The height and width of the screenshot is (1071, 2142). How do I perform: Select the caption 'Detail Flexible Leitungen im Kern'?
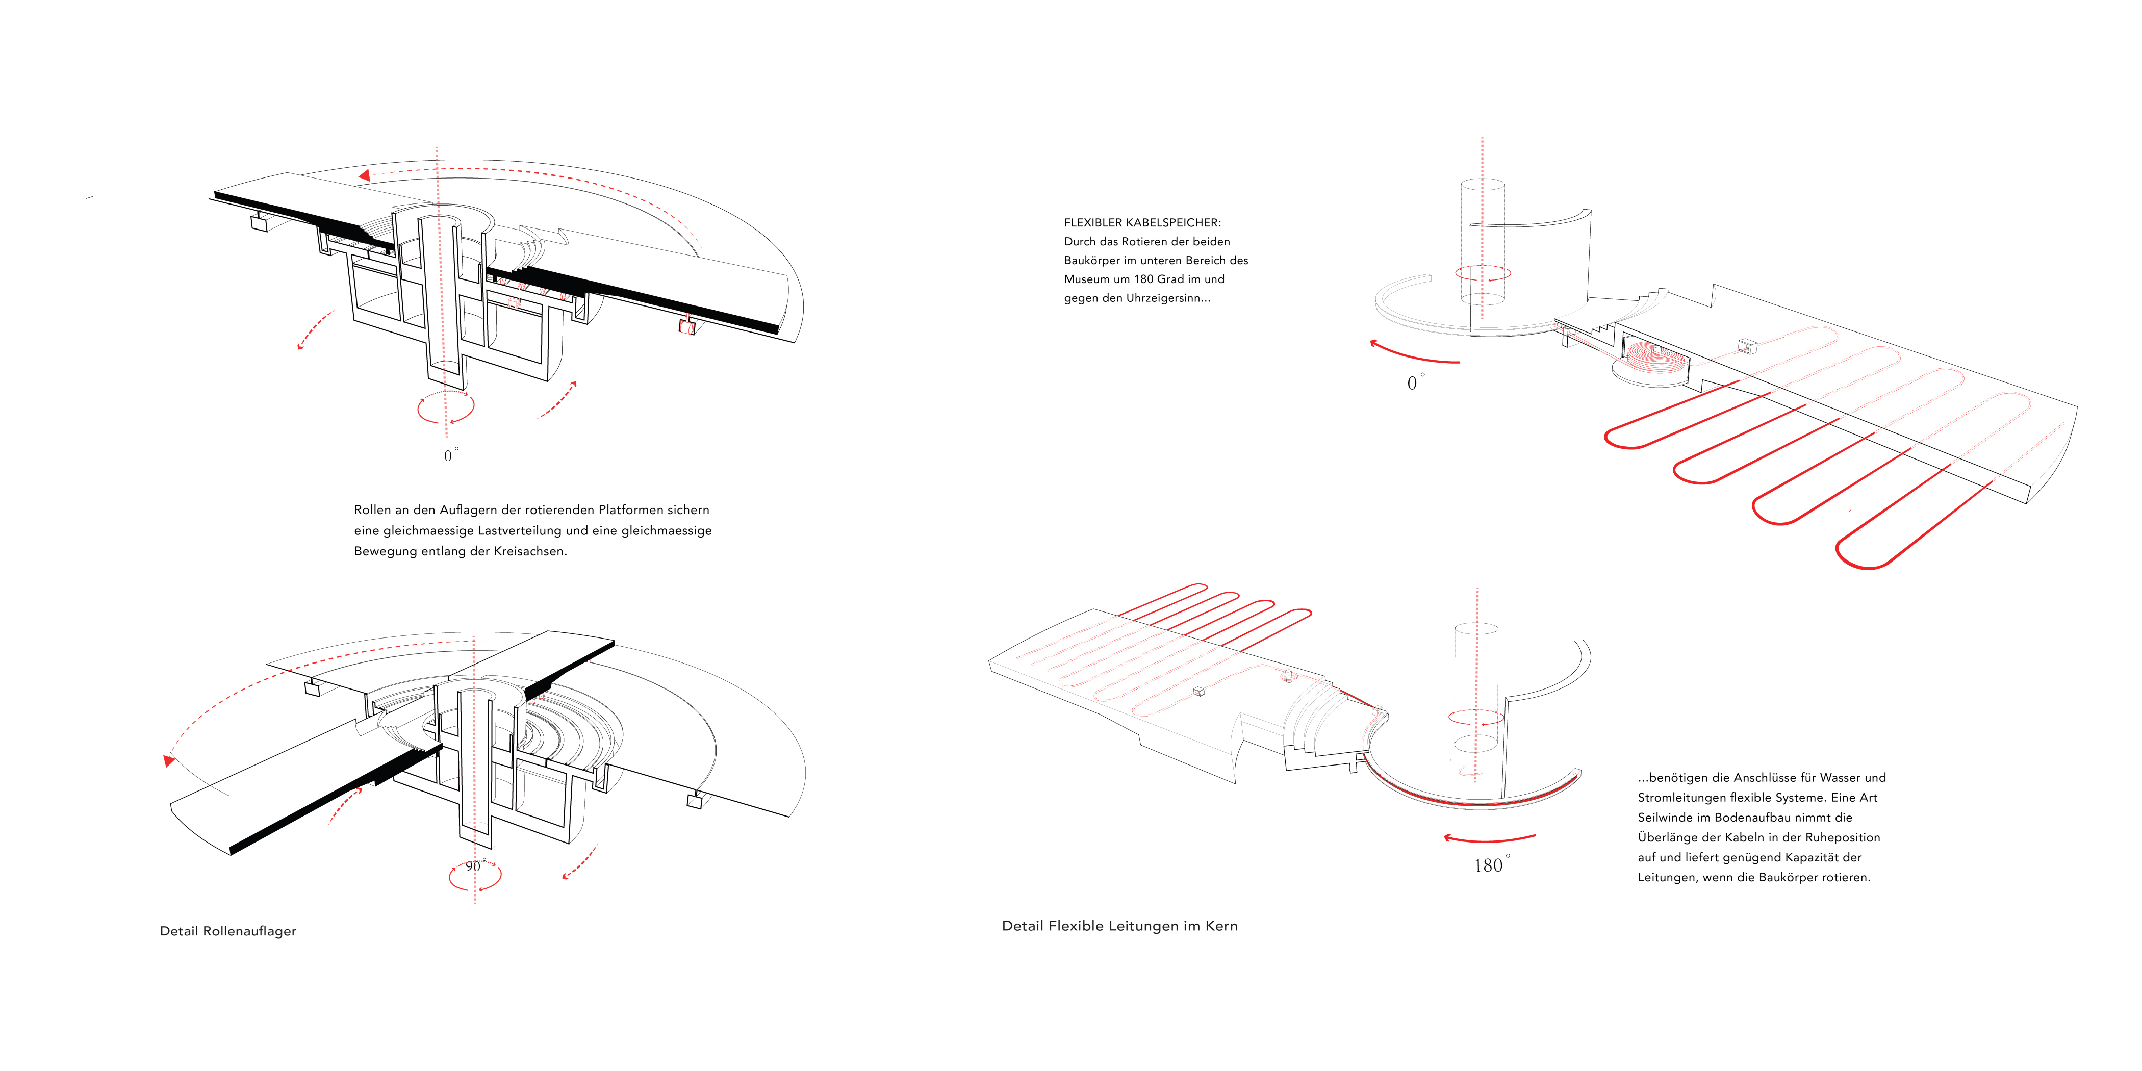pos(1119,926)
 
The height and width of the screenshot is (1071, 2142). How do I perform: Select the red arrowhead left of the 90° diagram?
pos(169,760)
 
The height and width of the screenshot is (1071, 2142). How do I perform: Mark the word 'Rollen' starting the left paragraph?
pos(372,509)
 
